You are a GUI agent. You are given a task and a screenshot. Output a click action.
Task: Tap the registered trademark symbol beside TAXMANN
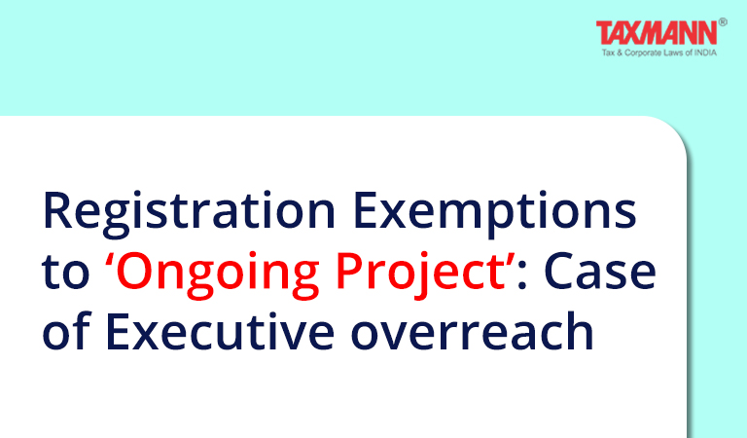pyautogui.click(x=723, y=21)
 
